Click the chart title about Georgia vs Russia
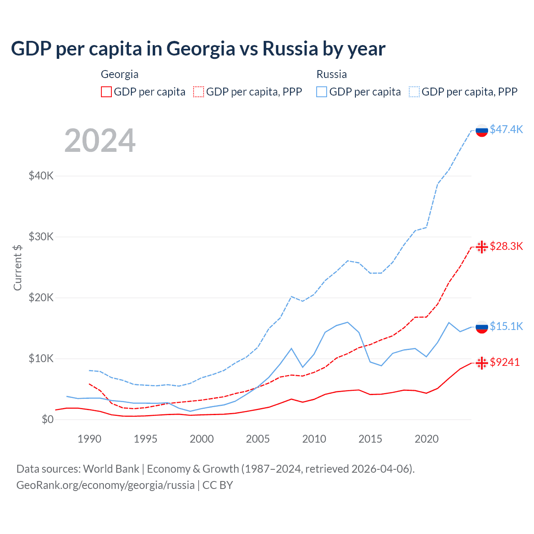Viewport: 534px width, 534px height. coord(198,49)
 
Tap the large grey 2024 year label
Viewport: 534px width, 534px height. coord(100,141)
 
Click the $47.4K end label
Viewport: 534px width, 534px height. coord(506,129)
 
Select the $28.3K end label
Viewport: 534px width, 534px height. coord(506,246)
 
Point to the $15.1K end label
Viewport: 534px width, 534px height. coord(506,326)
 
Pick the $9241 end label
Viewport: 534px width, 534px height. coord(505,362)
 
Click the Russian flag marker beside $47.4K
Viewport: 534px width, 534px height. coord(482,130)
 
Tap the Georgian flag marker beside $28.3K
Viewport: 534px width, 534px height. coord(482,247)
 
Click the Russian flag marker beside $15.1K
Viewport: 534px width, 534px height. coord(482,327)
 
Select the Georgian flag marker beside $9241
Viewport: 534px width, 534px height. coord(482,363)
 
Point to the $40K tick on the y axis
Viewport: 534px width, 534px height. coord(41,176)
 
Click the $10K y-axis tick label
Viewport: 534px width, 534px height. coord(41,358)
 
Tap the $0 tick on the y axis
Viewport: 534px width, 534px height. coord(48,419)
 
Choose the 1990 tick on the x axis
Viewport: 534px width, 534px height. coord(89,439)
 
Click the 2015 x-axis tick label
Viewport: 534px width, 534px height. coord(370,439)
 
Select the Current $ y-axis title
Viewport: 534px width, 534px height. coord(18,267)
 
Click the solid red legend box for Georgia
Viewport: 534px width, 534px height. coord(106,92)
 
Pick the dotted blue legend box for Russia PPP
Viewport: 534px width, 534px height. coord(414,92)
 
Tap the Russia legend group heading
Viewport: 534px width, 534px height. coord(332,74)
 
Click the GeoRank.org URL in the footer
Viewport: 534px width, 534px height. coord(106,485)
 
